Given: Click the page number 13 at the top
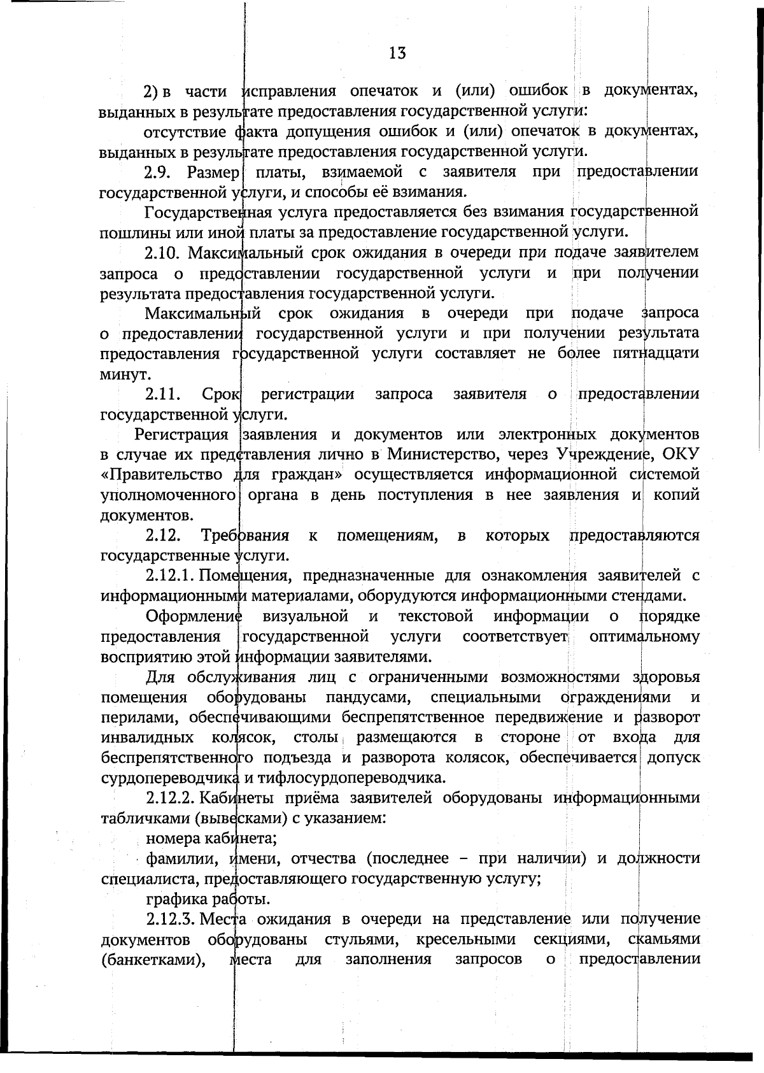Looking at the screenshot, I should (397, 53).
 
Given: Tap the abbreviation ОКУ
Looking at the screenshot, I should (681, 454).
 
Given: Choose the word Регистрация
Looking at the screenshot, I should (181, 435).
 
